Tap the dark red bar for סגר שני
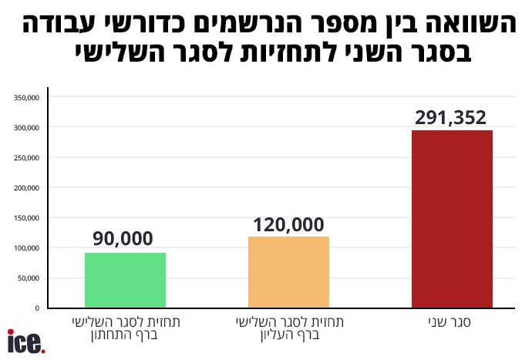coord(452,219)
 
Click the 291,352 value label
coord(452,118)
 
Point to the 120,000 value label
coord(288,225)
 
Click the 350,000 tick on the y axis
coord(27,98)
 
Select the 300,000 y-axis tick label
coord(27,128)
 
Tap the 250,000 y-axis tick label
coord(27,158)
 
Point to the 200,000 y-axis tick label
coord(27,188)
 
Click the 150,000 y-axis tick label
coord(27,218)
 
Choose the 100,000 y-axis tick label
coord(27,248)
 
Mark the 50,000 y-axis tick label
coord(29,278)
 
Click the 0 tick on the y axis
coord(37,308)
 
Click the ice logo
coord(26,341)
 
